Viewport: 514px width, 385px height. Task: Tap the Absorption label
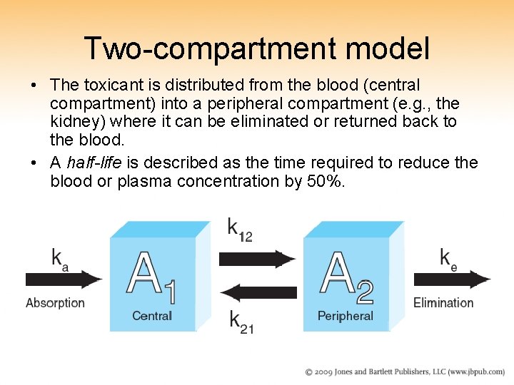click(55, 303)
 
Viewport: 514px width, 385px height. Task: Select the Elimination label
click(443, 303)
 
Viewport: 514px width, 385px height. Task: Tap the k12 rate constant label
click(239, 230)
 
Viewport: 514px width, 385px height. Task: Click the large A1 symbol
click(151, 278)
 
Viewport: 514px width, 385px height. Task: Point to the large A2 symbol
click(346, 278)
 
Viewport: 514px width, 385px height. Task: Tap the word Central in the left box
click(152, 316)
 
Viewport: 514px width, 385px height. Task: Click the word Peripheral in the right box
click(346, 316)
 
